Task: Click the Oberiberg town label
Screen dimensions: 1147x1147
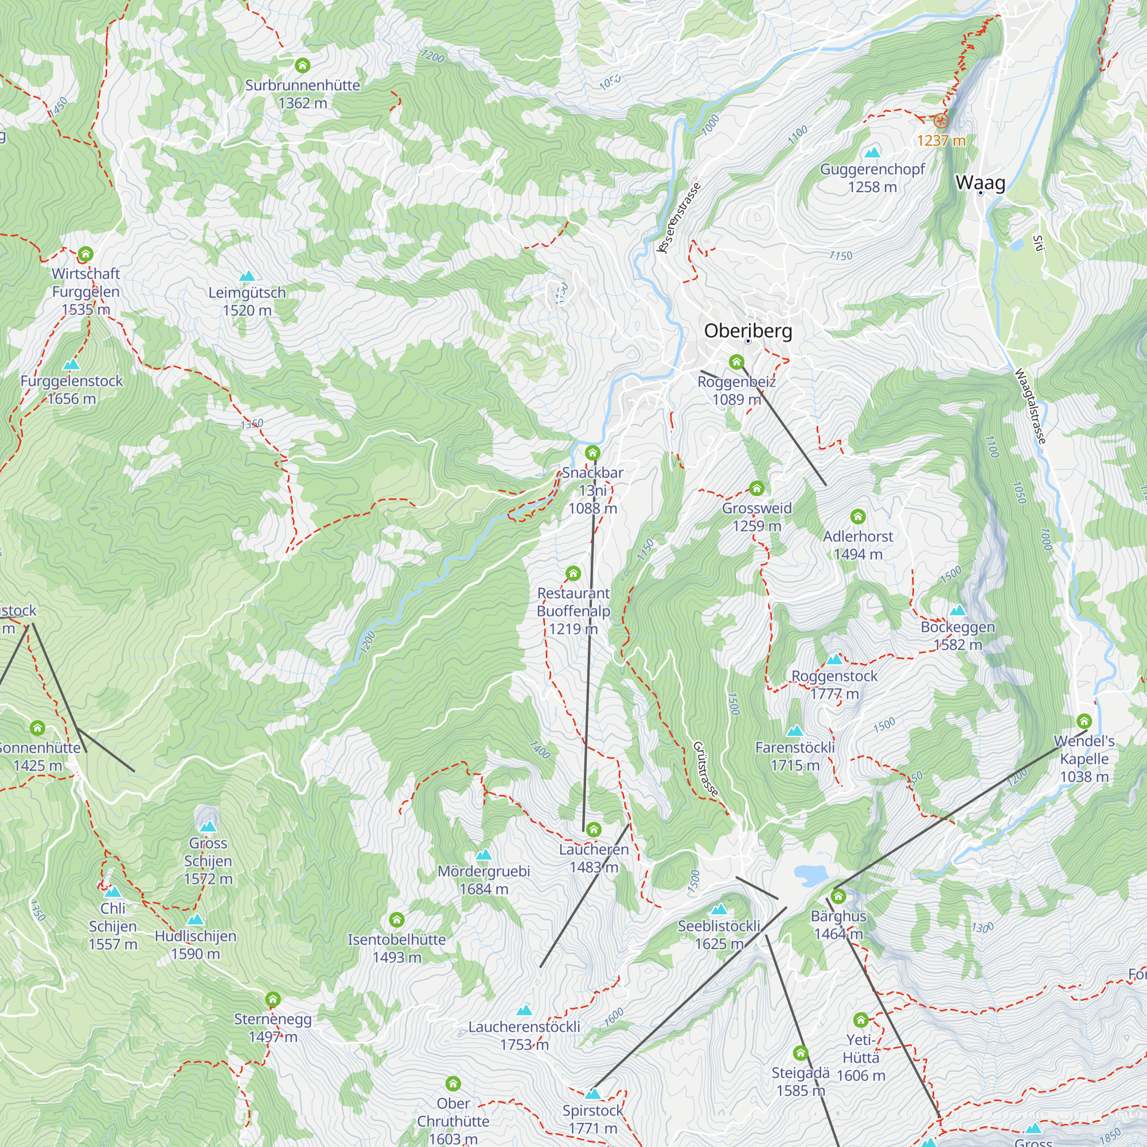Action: coord(748,331)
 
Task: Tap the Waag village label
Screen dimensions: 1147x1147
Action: coord(980,182)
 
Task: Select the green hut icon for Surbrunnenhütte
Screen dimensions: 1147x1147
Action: coord(303,65)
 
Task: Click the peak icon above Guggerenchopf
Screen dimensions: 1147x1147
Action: coord(872,152)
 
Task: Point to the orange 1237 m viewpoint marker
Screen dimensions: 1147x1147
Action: coord(941,122)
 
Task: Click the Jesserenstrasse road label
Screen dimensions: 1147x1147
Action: coord(679,217)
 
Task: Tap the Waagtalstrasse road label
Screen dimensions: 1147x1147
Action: coord(1030,406)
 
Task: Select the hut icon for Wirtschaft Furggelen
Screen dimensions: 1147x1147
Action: coord(85,255)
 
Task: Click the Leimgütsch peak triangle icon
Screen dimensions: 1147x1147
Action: coord(247,276)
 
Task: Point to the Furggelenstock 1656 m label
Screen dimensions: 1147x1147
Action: coord(71,389)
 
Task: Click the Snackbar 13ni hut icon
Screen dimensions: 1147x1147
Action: coord(592,454)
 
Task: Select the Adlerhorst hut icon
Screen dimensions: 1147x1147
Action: coord(858,517)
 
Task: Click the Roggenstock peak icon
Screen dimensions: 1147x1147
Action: coord(834,659)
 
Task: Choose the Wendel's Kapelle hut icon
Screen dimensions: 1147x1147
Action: coord(1084,721)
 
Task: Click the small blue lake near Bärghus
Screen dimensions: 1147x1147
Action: coord(810,874)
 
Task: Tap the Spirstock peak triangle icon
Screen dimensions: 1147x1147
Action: coord(592,1094)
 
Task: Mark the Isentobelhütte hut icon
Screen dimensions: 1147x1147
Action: coord(397,920)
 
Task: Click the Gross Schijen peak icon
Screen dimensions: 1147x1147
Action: coord(208,826)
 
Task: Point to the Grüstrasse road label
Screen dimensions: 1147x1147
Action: coord(705,769)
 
